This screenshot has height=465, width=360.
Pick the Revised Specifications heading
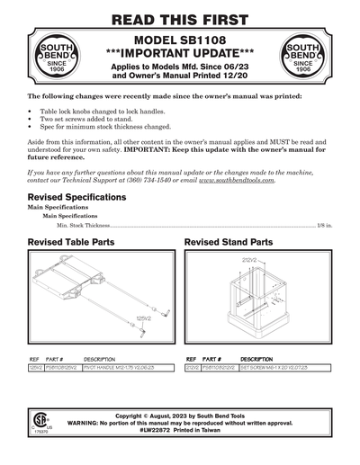coord(77,197)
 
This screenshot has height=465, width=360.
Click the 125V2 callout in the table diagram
coord(141,317)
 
